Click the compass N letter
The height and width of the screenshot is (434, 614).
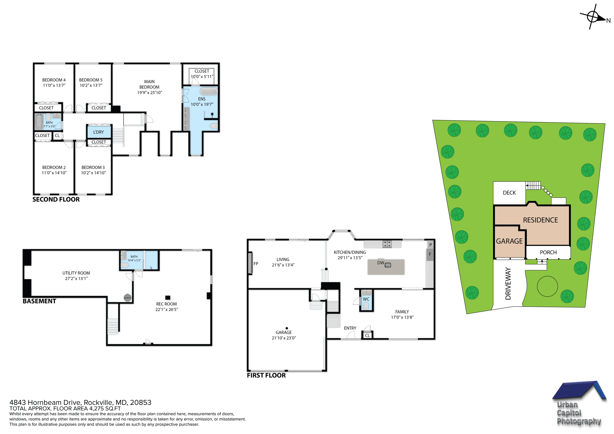click(608, 21)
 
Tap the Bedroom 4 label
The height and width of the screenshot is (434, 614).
click(54, 80)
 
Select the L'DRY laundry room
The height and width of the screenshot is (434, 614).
click(99, 132)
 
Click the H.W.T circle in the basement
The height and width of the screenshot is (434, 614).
click(127, 298)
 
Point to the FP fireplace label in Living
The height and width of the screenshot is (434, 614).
click(256, 264)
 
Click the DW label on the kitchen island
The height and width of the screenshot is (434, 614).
click(380, 263)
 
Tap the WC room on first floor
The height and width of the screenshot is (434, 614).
click(366, 299)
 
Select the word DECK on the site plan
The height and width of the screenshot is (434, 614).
click(509, 193)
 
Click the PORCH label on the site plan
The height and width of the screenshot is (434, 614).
click(548, 252)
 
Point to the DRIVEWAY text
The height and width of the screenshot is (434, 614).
click(508, 283)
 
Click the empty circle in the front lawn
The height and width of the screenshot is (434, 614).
click(547, 286)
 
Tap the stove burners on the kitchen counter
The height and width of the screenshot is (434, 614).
click(387, 244)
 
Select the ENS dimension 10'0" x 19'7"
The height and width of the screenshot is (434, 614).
click(202, 104)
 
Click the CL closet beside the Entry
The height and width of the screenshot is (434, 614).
click(367, 335)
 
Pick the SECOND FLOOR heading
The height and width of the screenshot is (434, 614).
click(56, 200)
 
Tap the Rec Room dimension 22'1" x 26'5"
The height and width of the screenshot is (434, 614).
click(166, 309)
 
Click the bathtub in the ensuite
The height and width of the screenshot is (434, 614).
click(209, 91)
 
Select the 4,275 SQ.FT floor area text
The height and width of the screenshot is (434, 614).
click(105, 409)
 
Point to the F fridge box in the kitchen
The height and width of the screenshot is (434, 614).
click(430, 254)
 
